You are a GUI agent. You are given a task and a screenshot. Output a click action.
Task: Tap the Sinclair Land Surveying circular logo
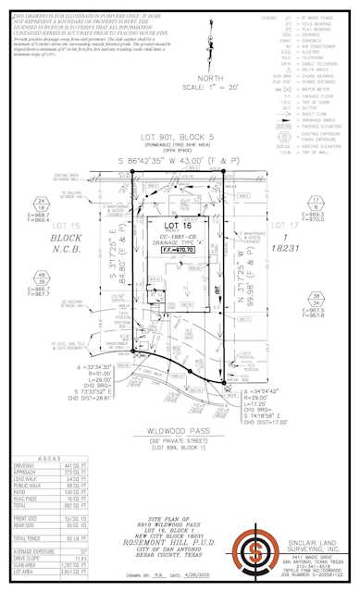[x=255, y=552]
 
